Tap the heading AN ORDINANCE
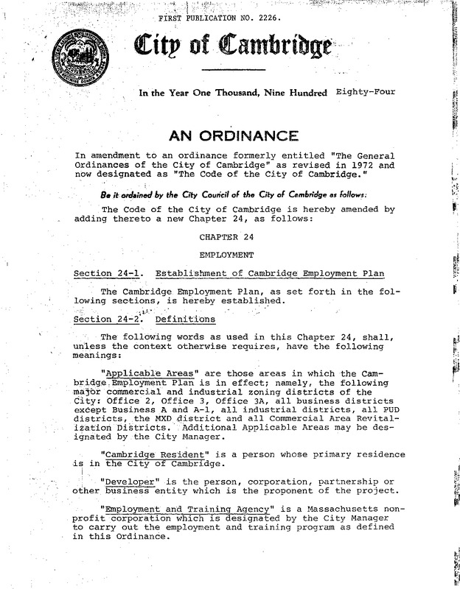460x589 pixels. tap(234, 135)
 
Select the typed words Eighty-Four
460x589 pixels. tap(364, 93)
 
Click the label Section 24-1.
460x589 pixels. tap(102, 275)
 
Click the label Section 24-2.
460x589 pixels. tap(102, 320)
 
